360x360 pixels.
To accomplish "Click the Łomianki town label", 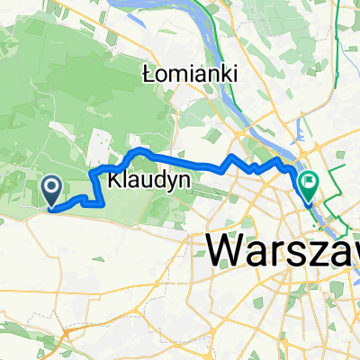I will [189, 76].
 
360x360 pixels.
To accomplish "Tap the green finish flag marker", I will [309, 185].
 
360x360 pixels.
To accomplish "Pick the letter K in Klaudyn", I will [113, 180].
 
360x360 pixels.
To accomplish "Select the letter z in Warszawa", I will [326, 248].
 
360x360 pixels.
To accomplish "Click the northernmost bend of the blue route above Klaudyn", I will [140, 149].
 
